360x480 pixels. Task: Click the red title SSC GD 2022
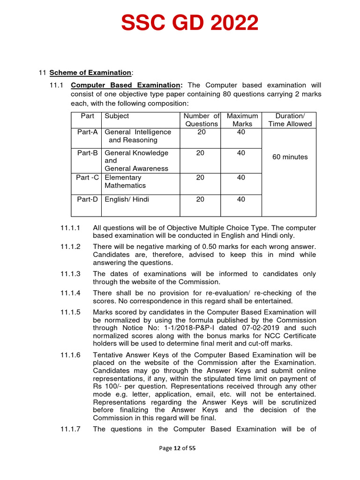coord(189,23)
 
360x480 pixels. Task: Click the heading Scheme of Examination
coord(91,73)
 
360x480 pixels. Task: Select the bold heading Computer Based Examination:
coord(126,85)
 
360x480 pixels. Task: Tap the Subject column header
coord(117,116)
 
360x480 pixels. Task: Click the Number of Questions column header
coord(201,120)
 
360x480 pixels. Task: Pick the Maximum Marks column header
coord(242,120)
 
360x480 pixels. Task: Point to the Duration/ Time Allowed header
coord(290,120)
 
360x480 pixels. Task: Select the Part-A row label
coord(87,132)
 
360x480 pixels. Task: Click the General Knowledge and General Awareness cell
coord(136,160)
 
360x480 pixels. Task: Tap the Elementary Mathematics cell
coord(125,181)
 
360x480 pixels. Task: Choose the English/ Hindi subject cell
coord(127,199)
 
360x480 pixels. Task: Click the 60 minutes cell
coord(290,157)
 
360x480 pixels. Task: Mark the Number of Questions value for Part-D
coord(200,199)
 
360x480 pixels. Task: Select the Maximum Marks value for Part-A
coord(241,132)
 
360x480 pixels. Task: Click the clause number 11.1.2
coord(70,247)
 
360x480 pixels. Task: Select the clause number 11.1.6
coord(70,355)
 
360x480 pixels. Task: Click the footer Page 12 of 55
coord(177,448)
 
